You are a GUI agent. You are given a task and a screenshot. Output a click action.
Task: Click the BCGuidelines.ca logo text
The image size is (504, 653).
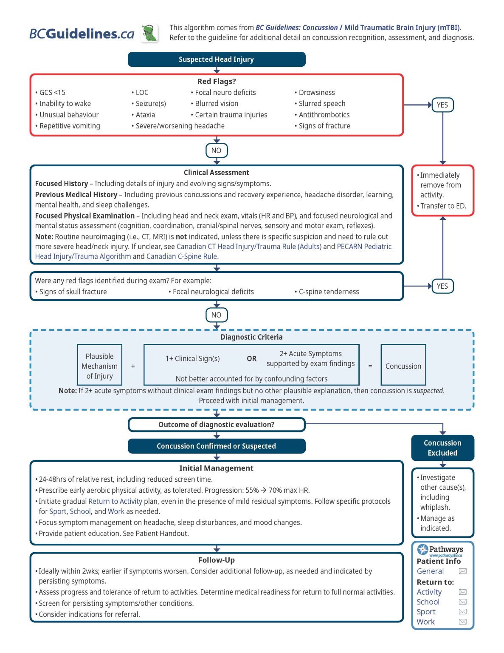82,34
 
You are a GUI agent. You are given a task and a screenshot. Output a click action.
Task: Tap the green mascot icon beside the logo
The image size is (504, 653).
149,33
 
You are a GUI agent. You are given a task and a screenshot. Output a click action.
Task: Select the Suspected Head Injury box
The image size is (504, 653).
216,60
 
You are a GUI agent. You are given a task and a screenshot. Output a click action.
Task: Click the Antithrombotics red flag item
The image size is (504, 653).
324,115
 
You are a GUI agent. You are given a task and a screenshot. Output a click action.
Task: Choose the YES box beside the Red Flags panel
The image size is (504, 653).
442,105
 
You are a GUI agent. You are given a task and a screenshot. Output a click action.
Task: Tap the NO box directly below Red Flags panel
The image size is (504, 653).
216,150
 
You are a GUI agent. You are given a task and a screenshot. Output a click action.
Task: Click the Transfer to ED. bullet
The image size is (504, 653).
442,206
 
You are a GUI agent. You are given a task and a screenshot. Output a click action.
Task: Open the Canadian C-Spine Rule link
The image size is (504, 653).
182,257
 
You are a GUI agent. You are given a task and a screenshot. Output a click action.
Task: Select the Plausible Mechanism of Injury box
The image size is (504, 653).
99,366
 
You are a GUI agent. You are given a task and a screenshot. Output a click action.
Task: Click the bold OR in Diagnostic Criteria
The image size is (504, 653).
251,359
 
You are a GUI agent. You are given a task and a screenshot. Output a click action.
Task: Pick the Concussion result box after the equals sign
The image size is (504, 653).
403,366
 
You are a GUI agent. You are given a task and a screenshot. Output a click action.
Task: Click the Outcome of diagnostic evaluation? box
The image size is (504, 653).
216,425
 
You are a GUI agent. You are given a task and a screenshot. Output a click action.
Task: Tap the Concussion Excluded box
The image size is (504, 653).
442,448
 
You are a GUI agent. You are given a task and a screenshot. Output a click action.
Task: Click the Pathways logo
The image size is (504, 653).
440,550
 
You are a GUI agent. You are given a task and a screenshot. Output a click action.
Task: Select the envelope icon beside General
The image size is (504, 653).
463,571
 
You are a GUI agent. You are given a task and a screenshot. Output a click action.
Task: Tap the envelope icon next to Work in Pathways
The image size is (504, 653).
463,622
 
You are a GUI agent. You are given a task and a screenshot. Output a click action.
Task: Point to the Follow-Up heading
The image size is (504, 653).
216,560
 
